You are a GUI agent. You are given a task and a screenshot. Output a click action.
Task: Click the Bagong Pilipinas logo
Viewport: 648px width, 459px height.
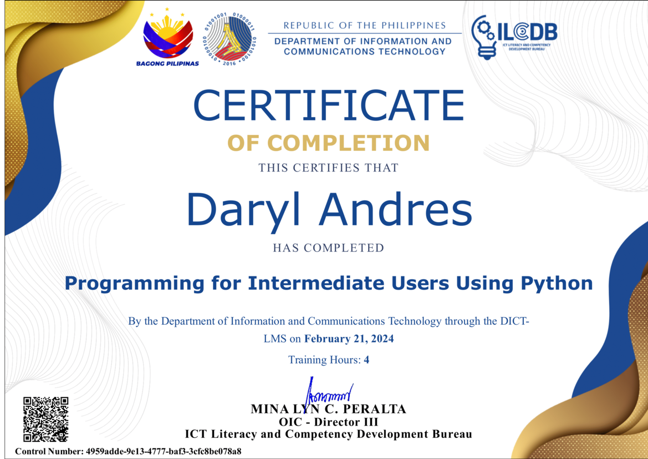[x=167, y=37]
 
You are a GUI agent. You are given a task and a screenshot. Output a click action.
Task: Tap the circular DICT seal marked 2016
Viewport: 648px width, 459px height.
[x=229, y=39]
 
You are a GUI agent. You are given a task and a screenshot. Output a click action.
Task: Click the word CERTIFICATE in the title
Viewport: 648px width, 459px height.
[x=329, y=105]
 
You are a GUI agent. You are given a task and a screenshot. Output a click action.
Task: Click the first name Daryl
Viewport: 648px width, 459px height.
[x=243, y=211]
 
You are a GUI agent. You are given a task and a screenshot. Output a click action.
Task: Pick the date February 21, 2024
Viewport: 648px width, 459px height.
[x=349, y=339]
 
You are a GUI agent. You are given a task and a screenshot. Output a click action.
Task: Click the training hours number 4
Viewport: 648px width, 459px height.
[x=366, y=360]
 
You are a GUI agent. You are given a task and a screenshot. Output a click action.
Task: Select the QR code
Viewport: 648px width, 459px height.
[x=45, y=419]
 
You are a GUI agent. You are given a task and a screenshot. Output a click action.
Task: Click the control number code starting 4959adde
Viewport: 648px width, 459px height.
[x=163, y=451]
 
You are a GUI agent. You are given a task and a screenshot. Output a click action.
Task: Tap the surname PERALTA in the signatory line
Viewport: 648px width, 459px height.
[x=374, y=410]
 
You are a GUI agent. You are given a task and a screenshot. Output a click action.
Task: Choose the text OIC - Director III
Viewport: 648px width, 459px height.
[x=329, y=422]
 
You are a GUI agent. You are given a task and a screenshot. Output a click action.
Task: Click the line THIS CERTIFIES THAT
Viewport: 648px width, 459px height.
[x=329, y=168]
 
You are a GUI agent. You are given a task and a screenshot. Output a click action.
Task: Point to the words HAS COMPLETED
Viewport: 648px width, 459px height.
[x=329, y=248]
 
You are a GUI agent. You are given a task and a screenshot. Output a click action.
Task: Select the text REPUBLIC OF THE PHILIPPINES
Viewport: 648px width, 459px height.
[x=365, y=25]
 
